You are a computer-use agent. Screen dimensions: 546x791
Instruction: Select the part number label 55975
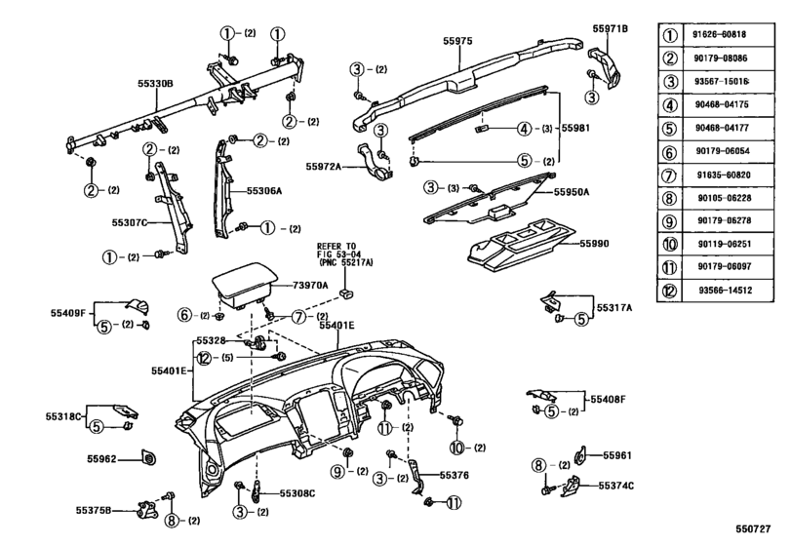[x=457, y=42]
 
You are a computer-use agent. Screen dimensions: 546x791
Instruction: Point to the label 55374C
[x=616, y=485]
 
